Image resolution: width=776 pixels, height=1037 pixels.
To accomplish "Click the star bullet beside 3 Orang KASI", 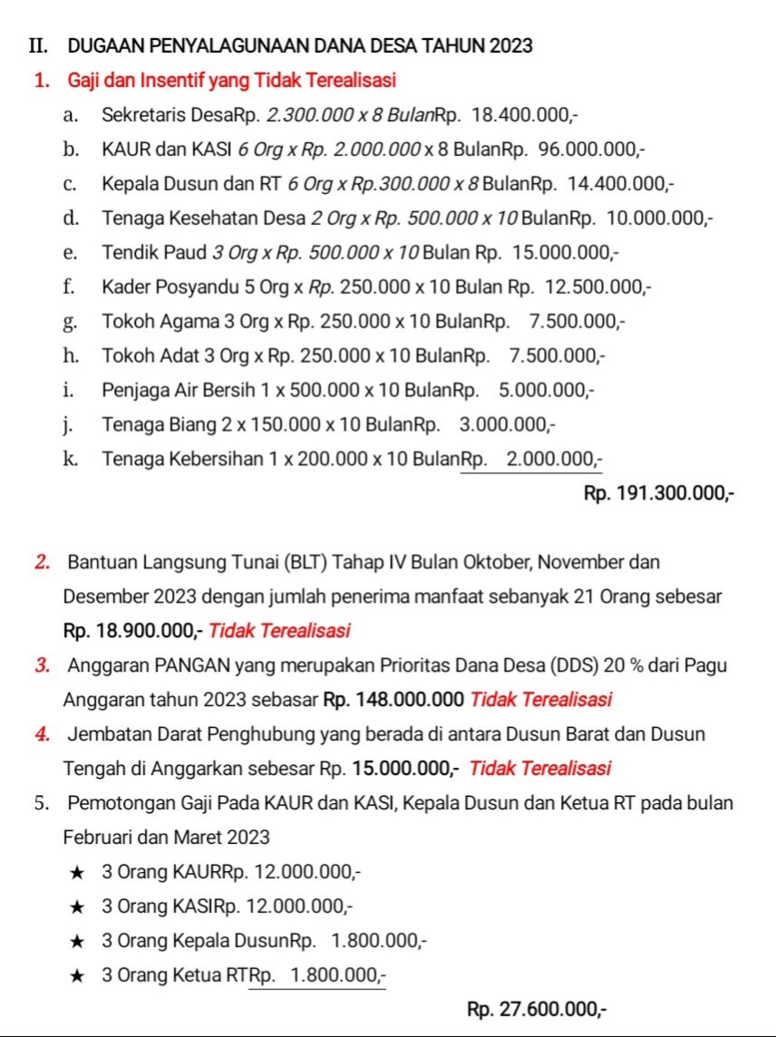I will tap(79, 906).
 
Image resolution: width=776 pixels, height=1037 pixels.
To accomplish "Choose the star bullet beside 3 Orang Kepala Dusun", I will tap(79, 940).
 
